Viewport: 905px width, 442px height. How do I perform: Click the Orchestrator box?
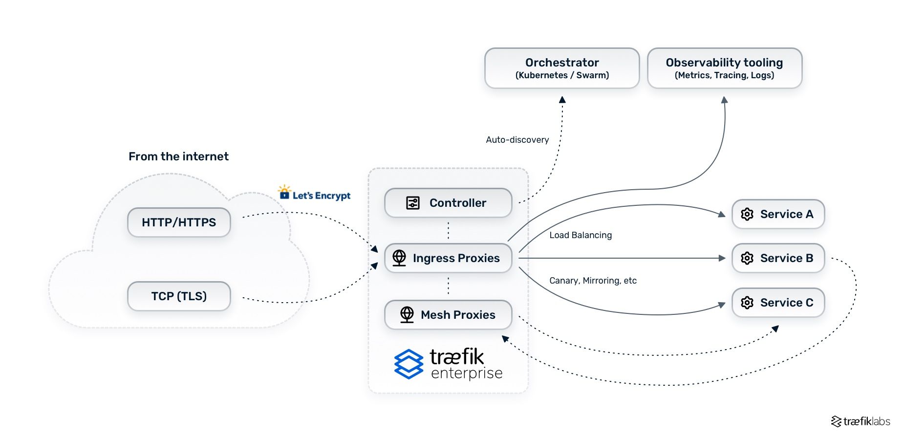(562, 68)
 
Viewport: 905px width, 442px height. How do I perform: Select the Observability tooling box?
(724, 68)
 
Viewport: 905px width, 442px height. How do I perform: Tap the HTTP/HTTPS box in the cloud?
(179, 222)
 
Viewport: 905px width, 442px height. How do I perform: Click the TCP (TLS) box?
(179, 296)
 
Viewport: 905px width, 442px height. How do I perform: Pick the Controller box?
(448, 203)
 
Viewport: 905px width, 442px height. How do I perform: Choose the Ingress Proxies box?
(448, 258)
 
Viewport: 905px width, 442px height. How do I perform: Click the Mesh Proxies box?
(448, 315)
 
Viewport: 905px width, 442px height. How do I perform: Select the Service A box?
(778, 214)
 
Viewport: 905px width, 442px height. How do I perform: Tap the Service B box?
(778, 258)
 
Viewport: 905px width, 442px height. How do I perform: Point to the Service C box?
(778, 303)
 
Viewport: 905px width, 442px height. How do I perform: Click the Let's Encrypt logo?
(314, 194)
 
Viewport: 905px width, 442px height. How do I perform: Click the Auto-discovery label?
(517, 140)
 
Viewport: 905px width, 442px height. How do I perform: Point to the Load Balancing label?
(580, 235)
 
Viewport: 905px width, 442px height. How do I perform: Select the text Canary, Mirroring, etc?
(593, 281)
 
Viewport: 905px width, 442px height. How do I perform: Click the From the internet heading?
(178, 156)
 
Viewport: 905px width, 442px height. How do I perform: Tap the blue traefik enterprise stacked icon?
(409, 364)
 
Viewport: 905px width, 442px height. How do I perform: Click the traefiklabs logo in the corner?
(861, 421)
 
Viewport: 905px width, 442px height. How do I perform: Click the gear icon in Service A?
(747, 214)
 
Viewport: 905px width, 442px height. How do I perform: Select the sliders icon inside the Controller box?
(413, 203)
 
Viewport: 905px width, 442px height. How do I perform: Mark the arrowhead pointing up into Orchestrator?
(562, 100)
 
